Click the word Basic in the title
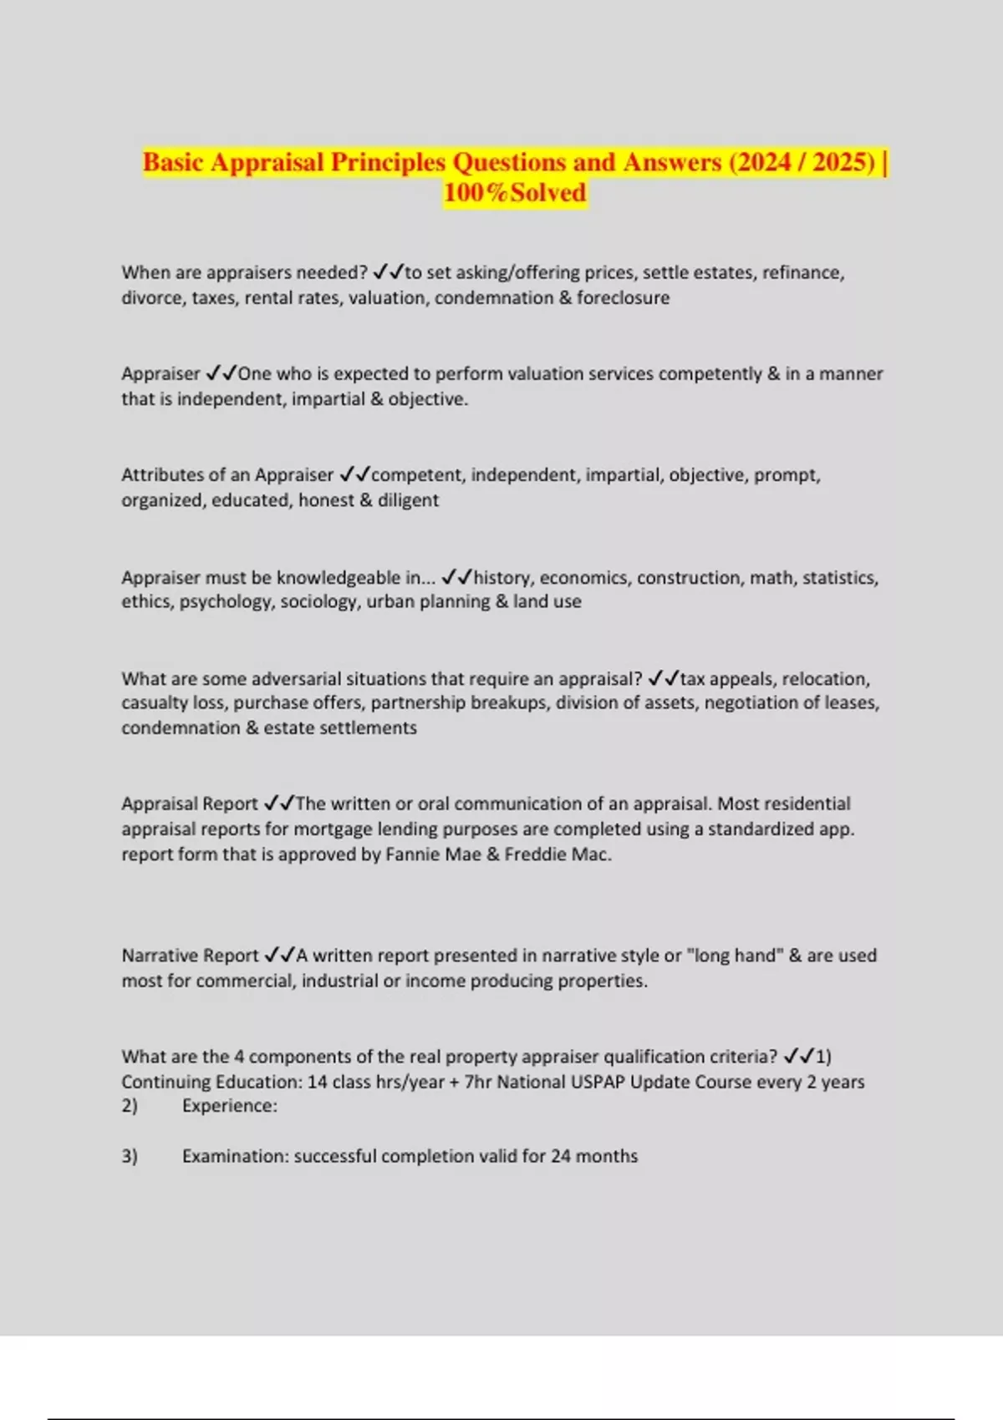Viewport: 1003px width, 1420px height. (173, 162)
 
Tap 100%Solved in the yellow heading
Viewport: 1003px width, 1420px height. (515, 193)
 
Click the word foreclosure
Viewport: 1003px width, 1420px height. (623, 298)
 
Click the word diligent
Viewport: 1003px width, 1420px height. (408, 500)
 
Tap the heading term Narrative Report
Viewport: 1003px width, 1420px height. (190, 956)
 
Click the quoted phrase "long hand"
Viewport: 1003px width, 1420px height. (735, 956)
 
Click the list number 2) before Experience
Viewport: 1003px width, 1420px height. (130, 1106)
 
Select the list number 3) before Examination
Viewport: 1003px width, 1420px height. (130, 1157)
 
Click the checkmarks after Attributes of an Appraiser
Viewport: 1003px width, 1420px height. (354, 475)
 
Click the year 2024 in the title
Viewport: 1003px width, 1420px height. (763, 162)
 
